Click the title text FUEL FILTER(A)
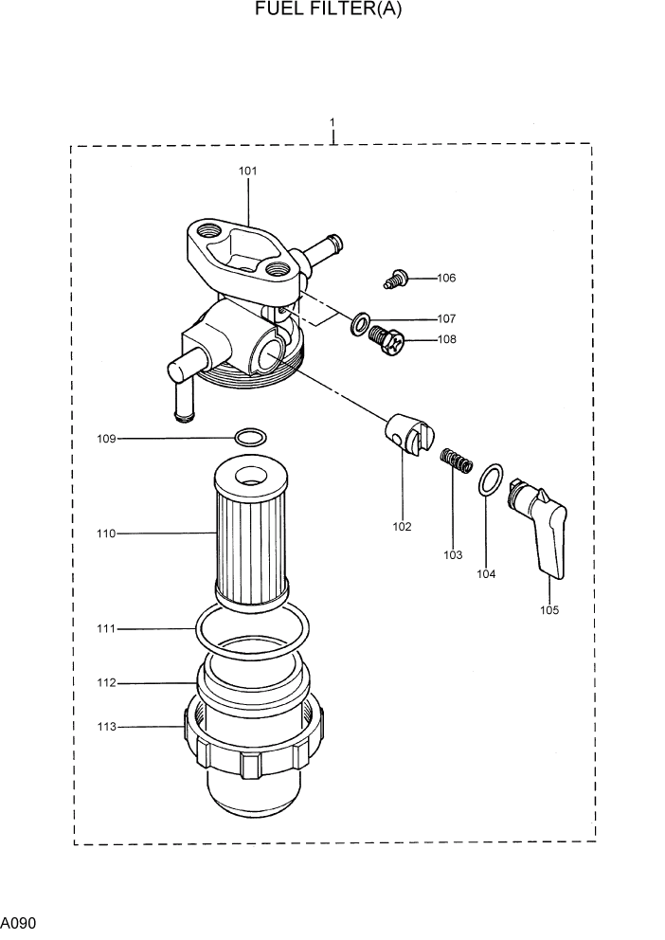click(333, 10)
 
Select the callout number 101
click(247, 172)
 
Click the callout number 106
click(446, 278)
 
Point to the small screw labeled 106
click(396, 279)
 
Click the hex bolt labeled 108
click(386, 340)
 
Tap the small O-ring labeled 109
click(250, 438)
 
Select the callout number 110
click(105, 533)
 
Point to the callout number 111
click(105, 628)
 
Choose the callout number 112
click(105, 682)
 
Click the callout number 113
click(105, 727)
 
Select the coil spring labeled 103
click(457, 462)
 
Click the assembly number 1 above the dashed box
click(332, 122)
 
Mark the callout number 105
click(549, 610)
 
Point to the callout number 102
click(403, 527)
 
